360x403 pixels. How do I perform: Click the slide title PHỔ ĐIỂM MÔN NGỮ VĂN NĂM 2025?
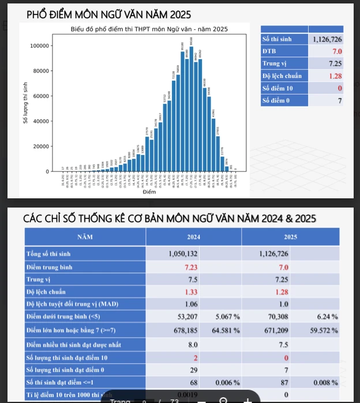[x=108, y=14]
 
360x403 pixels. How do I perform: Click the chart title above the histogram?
[x=149, y=29]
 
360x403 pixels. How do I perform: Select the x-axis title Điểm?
[x=149, y=192]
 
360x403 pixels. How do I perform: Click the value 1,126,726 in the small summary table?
[x=327, y=39]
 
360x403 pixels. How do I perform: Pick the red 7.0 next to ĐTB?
[x=336, y=51]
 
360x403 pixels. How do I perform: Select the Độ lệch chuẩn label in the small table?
[x=282, y=76]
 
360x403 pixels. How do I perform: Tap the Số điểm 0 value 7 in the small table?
[x=340, y=100]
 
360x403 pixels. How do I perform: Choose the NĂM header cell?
[x=87, y=236]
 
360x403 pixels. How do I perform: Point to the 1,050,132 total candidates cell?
[x=183, y=254]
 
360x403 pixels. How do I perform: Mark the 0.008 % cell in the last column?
[x=327, y=383]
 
